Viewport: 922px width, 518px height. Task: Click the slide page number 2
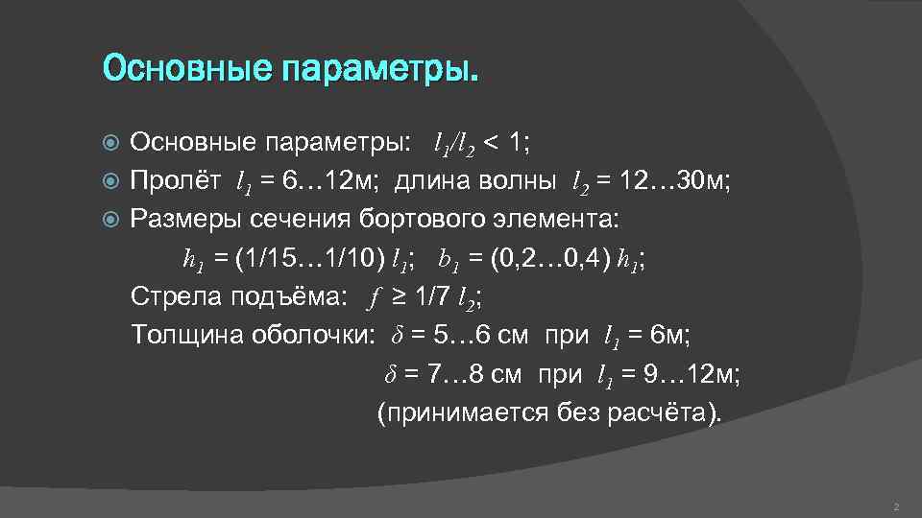tap(895, 506)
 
